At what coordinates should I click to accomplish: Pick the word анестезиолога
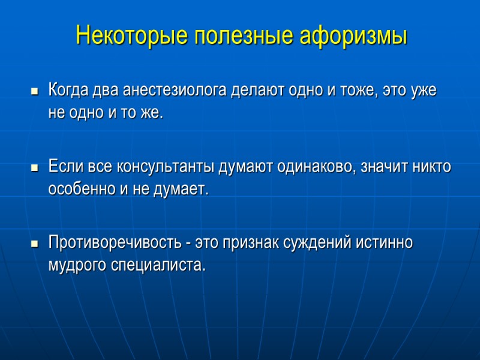click(175, 91)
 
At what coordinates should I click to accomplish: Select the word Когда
click(68, 91)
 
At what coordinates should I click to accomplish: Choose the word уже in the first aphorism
click(423, 91)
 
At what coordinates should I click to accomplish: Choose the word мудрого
click(77, 266)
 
